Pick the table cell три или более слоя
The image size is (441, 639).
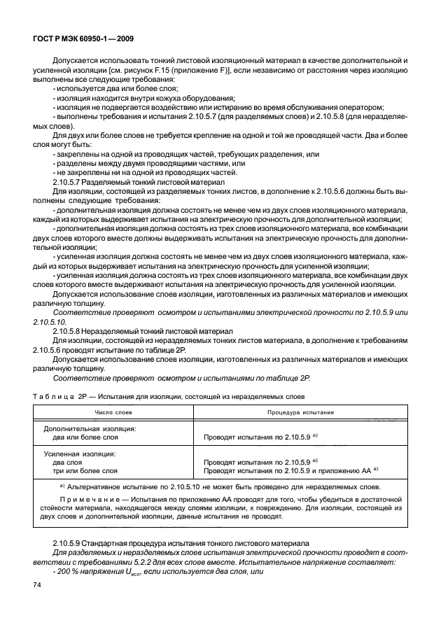pyautogui.click(x=80, y=470)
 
